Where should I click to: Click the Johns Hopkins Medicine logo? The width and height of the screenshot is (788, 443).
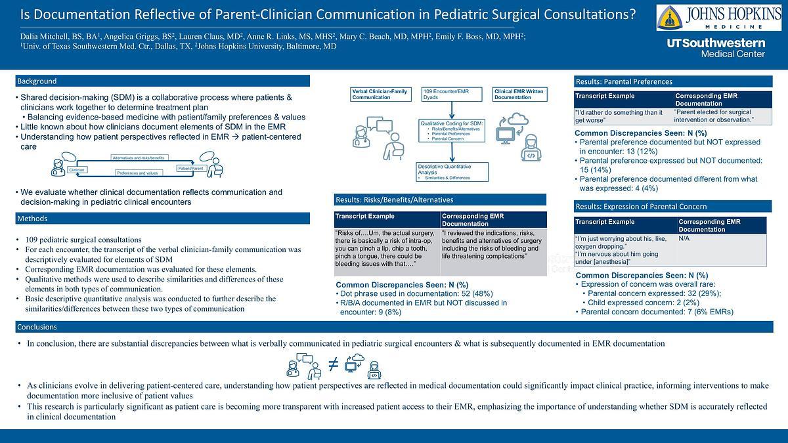[x=718, y=18]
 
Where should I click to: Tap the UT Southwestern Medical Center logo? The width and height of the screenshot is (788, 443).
[x=716, y=48]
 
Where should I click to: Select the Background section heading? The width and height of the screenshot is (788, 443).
[x=37, y=81]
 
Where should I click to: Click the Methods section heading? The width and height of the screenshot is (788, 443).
[x=33, y=218]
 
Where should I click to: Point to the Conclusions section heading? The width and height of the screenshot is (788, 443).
[x=37, y=326]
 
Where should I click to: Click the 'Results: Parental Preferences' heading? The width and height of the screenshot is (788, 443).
[x=624, y=81]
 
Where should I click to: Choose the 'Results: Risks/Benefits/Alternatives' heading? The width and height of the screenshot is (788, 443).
[x=394, y=200]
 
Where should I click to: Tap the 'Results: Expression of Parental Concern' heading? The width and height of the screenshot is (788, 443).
[x=639, y=206]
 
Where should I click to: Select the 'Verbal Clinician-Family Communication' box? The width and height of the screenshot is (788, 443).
[x=381, y=93]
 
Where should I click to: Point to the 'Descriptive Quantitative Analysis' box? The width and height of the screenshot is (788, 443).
[x=452, y=171]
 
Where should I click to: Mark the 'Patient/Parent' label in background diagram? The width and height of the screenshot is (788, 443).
[x=191, y=169]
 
